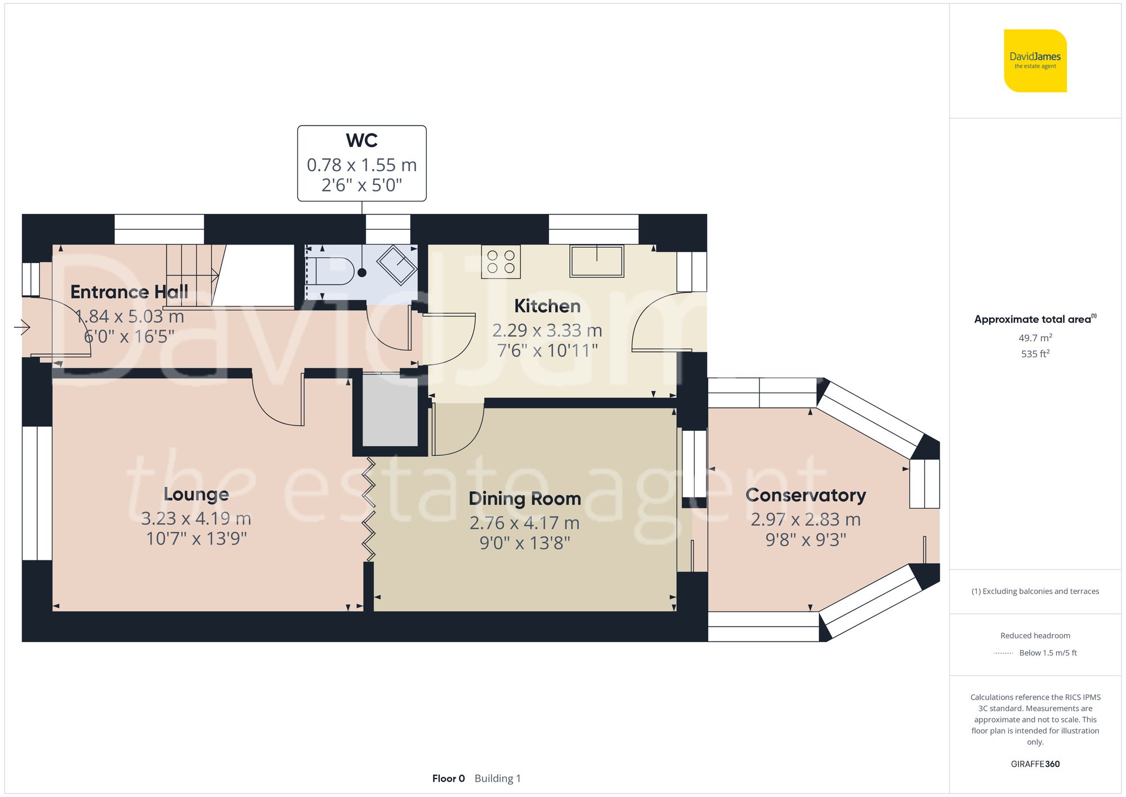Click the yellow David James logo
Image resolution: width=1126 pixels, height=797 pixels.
coord(1035,61)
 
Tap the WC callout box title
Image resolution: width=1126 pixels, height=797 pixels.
coord(361,140)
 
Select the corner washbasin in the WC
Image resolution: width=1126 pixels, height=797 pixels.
coord(397,265)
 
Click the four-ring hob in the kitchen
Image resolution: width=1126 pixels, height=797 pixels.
coord(501,262)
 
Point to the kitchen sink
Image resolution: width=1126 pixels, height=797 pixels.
coord(597,261)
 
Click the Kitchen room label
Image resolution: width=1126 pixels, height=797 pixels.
coord(547,306)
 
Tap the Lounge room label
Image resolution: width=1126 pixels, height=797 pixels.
coord(196,494)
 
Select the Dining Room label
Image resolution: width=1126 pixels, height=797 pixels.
coord(524,498)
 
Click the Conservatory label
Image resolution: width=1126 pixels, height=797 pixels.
coord(805,495)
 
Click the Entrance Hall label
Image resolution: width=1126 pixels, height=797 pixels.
coord(129,292)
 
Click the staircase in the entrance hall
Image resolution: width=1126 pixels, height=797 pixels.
coord(191,275)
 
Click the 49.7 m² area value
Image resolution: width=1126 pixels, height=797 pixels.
coord(1035,338)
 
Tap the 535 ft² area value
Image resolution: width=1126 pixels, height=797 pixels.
coord(1035,354)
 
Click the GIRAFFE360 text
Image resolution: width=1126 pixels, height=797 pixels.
coord(1035,764)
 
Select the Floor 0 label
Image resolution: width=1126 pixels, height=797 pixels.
coord(448,778)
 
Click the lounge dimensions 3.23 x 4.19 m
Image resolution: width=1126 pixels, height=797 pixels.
coord(196,518)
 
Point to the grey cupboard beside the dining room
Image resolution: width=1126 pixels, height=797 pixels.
coord(390,410)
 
